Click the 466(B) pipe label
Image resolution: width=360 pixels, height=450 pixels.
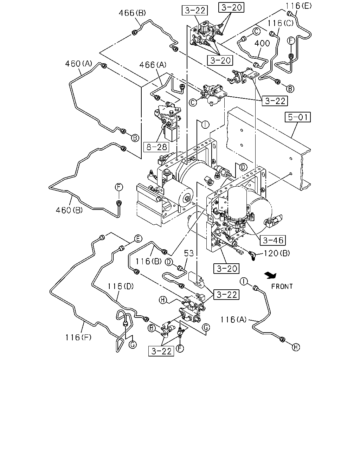pos(132,13)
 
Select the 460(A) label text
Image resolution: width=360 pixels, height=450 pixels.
pos(78,63)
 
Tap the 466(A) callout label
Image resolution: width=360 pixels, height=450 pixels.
pos(153,65)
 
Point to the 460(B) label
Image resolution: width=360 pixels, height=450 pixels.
pos(69,210)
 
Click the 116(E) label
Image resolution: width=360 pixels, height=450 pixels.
pos(298,6)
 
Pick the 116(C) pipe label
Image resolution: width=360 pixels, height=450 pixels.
pos(281,23)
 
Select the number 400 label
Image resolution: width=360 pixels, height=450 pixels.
pos(262,43)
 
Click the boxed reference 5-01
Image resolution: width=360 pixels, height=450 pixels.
pos(298,117)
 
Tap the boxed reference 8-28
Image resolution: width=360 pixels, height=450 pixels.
pos(156,147)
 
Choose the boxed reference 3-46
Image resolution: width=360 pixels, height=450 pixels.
pos(273,240)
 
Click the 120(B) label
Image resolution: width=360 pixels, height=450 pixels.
pos(277,253)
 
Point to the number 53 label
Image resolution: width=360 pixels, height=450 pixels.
pos(189,253)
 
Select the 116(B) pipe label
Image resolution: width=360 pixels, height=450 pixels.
pos(148,261)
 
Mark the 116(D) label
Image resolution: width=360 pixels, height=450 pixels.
pos(121,286)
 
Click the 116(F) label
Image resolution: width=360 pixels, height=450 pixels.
pos(78,337)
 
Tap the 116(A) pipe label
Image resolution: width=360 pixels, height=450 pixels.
pos(234,319)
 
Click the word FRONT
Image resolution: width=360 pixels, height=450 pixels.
pos(282,286)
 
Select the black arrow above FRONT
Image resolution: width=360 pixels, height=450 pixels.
pos(270,275)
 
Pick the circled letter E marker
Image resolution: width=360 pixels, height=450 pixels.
pos(138,239)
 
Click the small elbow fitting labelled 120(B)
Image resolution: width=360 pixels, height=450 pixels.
pos(252,255)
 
